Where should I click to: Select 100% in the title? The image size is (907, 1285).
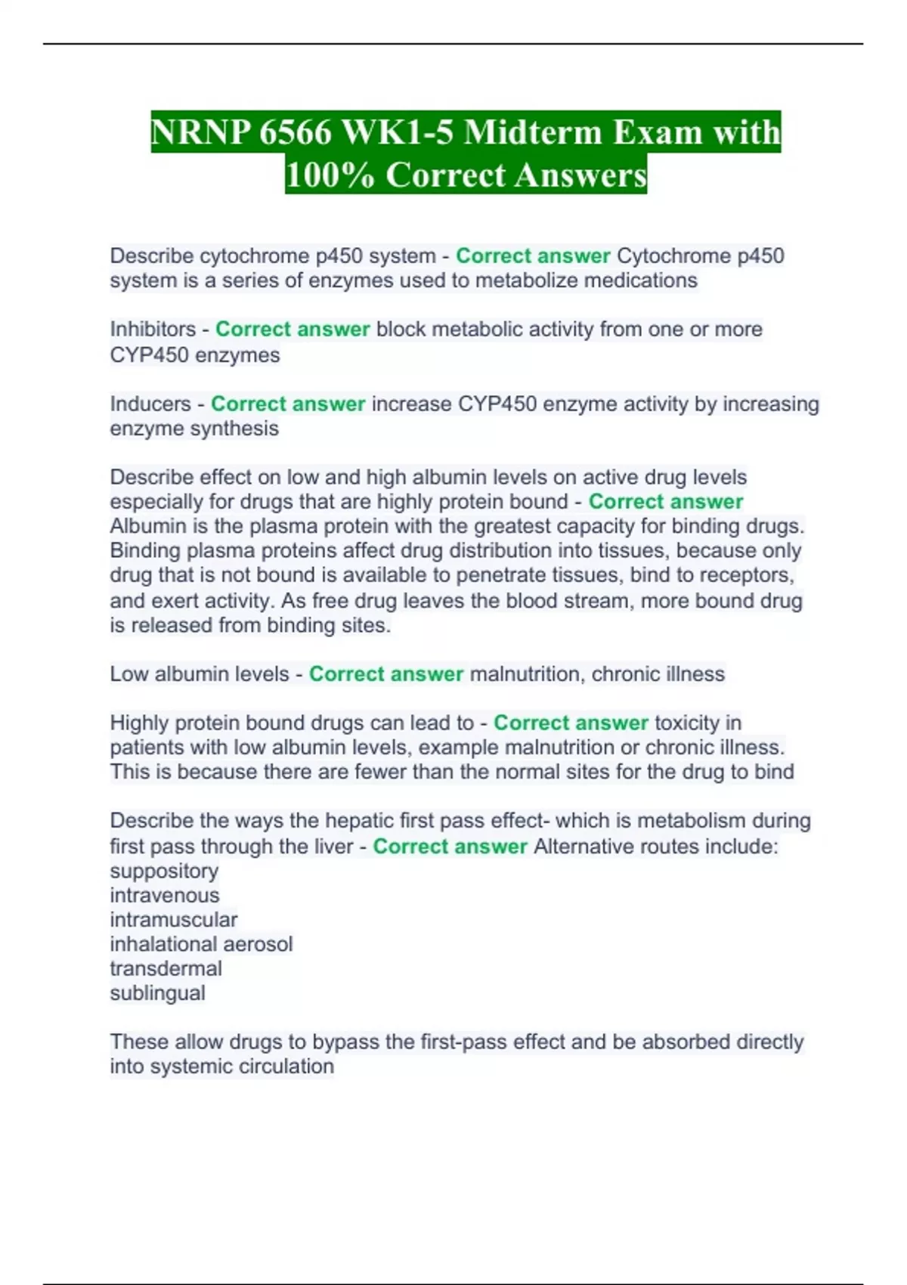tap(330, 175)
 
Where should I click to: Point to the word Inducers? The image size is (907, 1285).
tap(150, 404)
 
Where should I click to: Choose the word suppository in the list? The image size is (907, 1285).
tap(164, 871)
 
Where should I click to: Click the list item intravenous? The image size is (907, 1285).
tap(165, 896)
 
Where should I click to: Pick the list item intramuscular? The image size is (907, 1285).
tap(174, 920)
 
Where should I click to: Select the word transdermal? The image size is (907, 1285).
tap(166, 969)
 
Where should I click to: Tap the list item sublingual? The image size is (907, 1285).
tap(157, 993)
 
